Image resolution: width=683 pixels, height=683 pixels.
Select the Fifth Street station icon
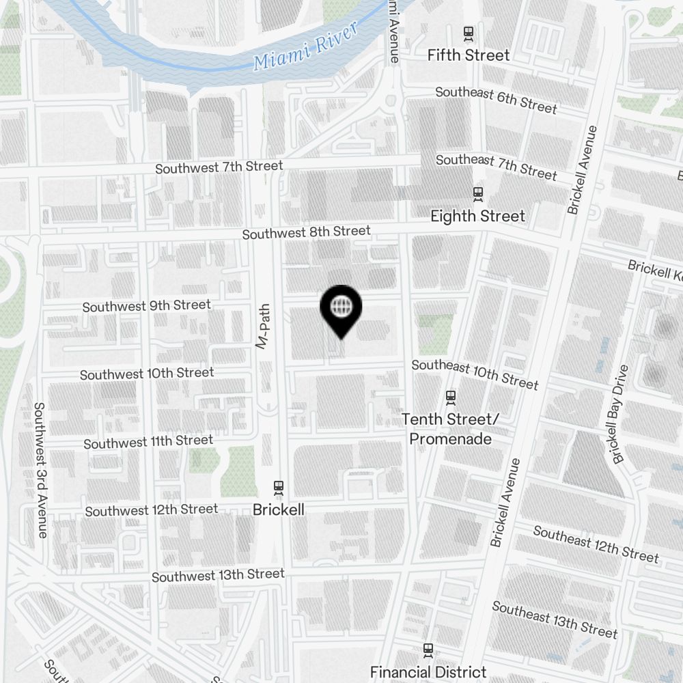coord(469,33)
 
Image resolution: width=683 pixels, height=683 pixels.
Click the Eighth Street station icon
coord(478,195)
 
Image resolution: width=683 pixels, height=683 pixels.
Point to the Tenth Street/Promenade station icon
coord(450,397)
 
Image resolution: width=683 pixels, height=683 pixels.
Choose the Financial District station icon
coord(428,650)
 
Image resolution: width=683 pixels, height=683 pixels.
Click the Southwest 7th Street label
coord(219,167)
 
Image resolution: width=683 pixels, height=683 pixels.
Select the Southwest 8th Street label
coord(306,232)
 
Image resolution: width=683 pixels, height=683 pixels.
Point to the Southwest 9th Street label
coord(146,306)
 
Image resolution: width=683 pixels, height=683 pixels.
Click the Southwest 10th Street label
coord(147,374)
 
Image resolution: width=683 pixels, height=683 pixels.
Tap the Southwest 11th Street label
coord(148,443)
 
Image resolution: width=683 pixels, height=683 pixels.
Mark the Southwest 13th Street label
coord(217,575)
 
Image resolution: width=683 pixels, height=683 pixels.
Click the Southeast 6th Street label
coord(496,99)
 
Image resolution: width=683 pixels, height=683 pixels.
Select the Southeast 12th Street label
coord(596,544)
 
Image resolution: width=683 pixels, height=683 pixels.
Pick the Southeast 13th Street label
coord(555,619)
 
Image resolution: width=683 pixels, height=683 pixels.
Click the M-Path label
coord(263,326)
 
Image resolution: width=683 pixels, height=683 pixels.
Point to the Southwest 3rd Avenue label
coord(40,470)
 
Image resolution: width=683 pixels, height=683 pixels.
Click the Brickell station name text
coord(278,510)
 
